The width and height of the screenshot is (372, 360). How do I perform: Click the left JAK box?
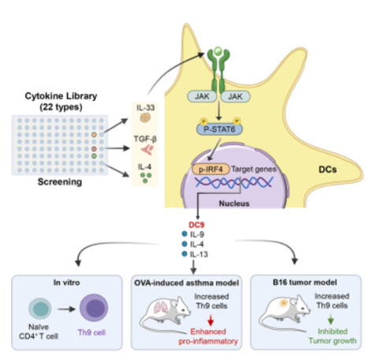point(202,97)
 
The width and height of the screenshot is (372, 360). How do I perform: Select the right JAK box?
point(236,97)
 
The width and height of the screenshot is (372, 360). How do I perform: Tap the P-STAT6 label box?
point(219,129)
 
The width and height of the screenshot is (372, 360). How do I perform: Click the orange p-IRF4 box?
point(210,169)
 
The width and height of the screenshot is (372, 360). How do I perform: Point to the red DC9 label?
point(196,225)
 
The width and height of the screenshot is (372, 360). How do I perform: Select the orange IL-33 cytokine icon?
point(145,118)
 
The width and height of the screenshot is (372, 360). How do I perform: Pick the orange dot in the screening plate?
point(94,135)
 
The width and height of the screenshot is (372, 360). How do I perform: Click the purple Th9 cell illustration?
point(94,308)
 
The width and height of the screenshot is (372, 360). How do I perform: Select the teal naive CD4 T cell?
point(40,308)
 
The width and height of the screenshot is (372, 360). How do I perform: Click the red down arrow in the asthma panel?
point(210,320)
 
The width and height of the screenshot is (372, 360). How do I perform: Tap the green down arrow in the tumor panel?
point(331,320)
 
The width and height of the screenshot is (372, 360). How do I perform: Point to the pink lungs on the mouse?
point(161,307)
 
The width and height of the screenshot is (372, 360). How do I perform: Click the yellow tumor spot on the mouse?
point(284,303)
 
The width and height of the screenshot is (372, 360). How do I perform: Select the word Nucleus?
point(234,203)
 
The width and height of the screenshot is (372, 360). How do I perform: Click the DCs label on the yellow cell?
point(328,169)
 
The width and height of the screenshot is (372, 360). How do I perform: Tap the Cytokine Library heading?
point(61,96)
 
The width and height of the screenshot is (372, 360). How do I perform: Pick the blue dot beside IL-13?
point(184,254)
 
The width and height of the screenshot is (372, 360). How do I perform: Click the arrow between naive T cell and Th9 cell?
point(66,309)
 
